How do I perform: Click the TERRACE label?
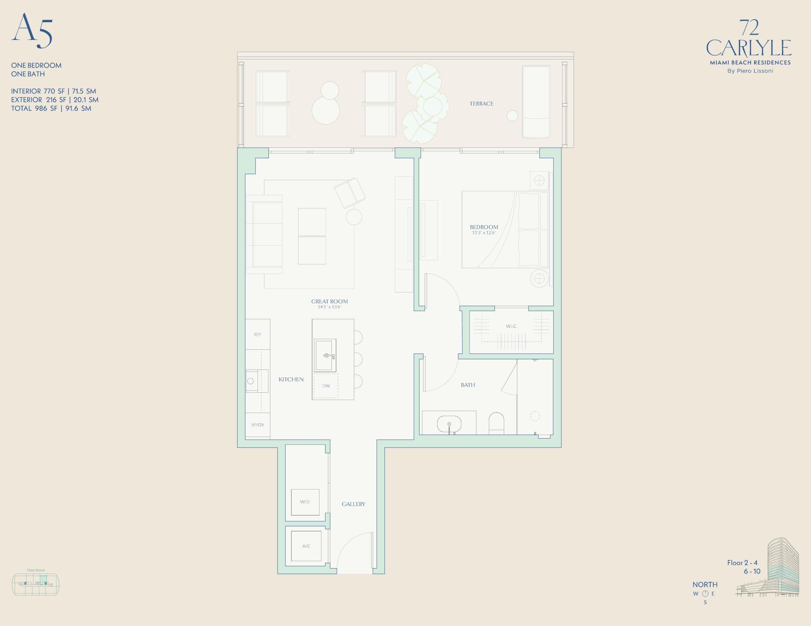tap(481, 103)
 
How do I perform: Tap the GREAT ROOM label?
tap(329, 301)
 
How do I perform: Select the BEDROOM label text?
tap(484, 227)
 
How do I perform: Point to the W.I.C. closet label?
tap(511, 326)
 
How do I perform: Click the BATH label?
tap(468, 385)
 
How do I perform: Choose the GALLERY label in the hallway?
tap(354, 504)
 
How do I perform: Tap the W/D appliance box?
tap(305, 502)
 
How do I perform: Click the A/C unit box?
tap(306, 546)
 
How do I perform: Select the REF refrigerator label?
tap(257, 334)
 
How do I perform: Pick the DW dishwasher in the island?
tap(326, 386)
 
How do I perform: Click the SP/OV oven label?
tap(257, 424)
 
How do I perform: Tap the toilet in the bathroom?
tap(496, 423)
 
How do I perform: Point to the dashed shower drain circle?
tap(535, 416)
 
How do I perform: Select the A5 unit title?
tap(32, 30)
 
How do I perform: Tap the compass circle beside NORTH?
tap(705, 593)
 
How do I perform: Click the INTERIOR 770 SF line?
tap(54, 91)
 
